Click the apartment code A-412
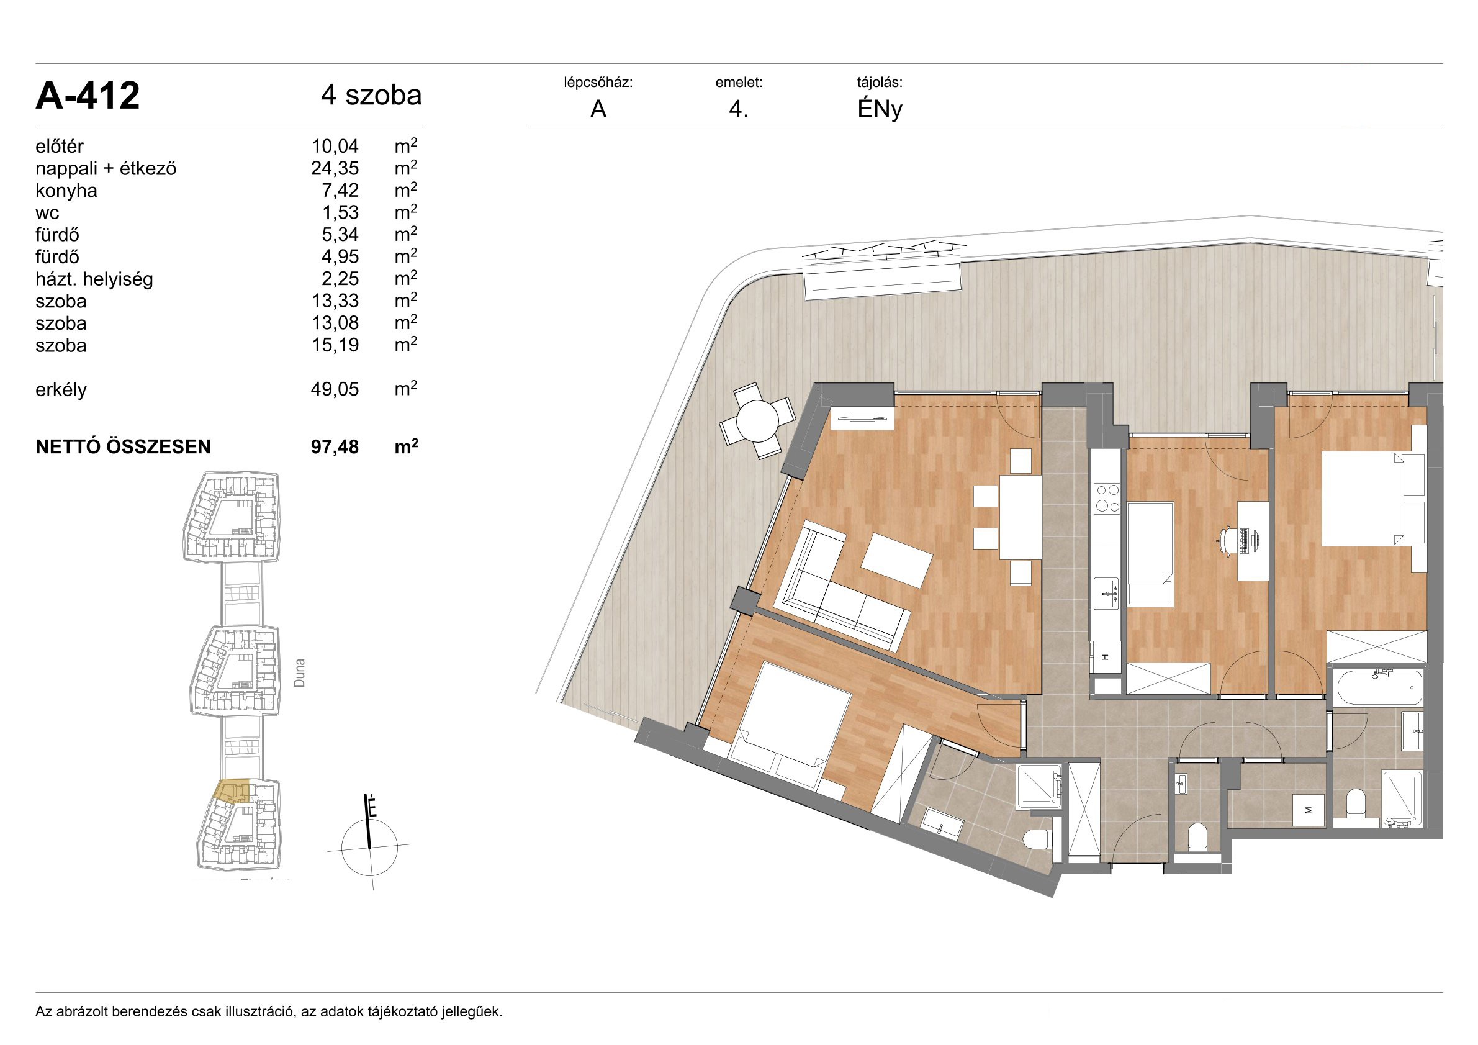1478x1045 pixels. [88, 96]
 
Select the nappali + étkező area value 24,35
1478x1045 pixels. [335, 169]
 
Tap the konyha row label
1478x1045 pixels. [66, 191]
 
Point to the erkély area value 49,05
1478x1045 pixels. [335, 389]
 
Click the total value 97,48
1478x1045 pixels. [335, 447]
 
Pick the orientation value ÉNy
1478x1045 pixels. [880, 109]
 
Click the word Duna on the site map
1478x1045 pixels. [299, 673]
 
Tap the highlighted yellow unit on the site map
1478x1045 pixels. [232, 791]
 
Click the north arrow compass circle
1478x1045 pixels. [369, 848]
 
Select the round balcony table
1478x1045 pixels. [758, 421]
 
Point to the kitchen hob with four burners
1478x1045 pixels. [1107, 498]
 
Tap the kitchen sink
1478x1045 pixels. [1107, 593]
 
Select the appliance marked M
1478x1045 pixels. [1308, 811]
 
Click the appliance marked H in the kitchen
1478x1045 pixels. [1105, 658]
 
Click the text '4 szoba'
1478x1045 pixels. [371, 95]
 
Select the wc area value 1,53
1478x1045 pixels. [341, 212]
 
